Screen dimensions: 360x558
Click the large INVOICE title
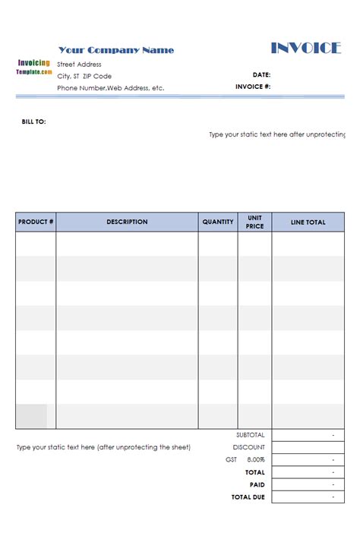(306, 49)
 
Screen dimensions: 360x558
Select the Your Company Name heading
(116, 50)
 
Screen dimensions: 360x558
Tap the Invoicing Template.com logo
(33, 67)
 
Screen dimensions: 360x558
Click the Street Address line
(79, 65)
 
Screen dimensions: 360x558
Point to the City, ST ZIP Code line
(84, 76)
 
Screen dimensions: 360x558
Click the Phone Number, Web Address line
(110, 88)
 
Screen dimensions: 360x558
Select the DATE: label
(261, 75)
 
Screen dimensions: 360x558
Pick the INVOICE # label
(253, 87)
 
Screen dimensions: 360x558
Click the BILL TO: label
(33, 121)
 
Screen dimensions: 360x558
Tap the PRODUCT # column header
(36, 222)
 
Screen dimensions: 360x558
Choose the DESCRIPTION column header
(127, 222)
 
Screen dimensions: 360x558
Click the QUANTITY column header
(218, 222)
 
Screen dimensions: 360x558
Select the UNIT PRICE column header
(254, 222)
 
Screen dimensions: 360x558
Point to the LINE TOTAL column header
(308, 222)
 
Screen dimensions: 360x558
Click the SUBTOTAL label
(251, 435)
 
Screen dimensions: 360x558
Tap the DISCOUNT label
(249, 447)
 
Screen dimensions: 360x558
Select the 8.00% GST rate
(256, 460)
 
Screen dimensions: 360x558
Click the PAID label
(257, 484)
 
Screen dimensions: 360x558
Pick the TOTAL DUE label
(248, 497)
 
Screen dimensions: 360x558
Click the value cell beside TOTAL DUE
(308, 497)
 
